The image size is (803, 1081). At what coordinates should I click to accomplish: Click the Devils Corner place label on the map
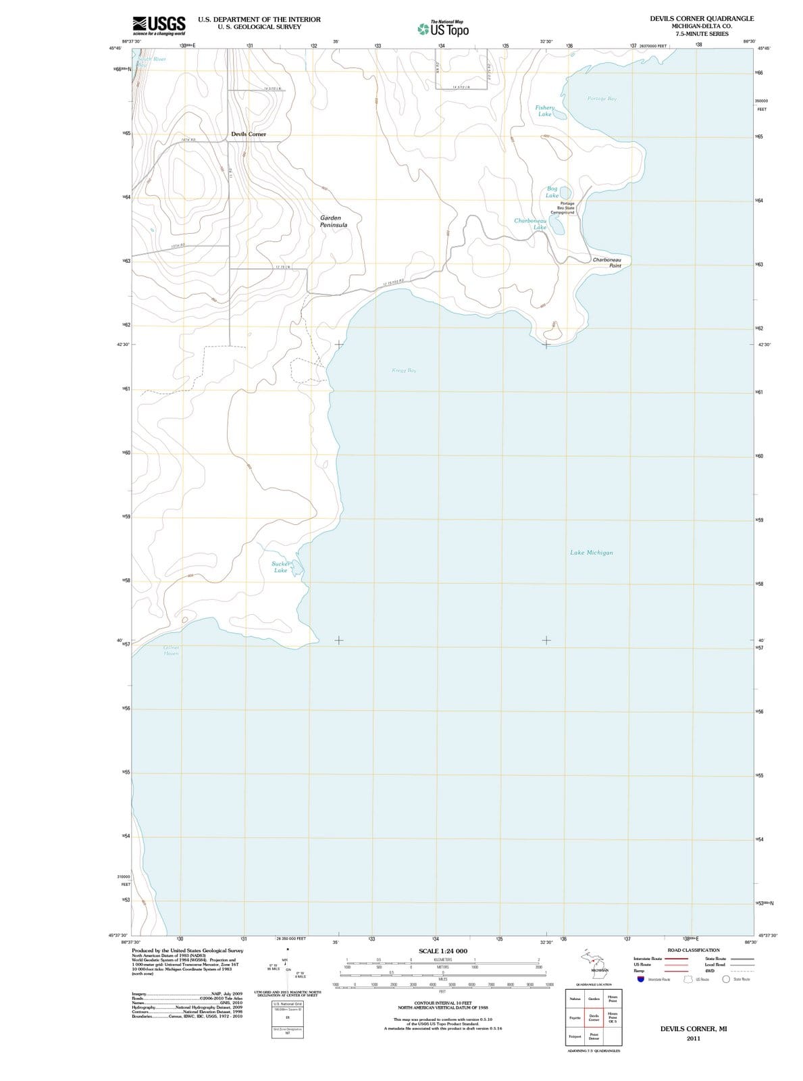(249, 134)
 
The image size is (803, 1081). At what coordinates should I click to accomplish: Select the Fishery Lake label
(544, 111)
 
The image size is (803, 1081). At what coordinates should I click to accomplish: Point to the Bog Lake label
(552, 192)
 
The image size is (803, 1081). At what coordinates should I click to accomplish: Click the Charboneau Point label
(606, 262)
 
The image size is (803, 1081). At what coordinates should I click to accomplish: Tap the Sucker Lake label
(280, 567)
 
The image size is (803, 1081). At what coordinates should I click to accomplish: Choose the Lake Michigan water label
(592, 553)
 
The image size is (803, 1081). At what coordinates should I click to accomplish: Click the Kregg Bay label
(404, 370)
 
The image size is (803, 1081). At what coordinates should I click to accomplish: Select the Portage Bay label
(602, 99)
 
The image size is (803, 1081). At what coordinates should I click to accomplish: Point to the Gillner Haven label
(170, 650)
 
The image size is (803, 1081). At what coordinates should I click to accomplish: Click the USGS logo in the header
(159, 26)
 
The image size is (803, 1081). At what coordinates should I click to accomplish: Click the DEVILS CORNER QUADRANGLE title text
(702, 19)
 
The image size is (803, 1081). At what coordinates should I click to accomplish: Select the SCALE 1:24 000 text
(442, 951)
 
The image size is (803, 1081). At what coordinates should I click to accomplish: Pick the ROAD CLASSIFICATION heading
(693, 950)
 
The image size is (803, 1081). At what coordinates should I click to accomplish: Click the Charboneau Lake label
(530, 224)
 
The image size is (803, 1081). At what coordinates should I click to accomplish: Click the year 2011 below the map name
(693, 1038)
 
